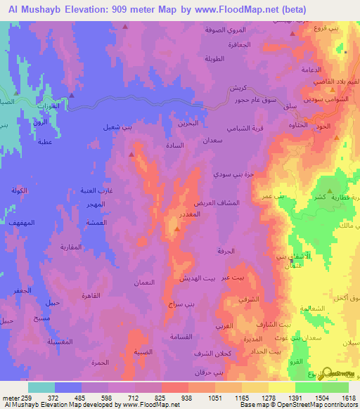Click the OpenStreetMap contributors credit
click(x=311, y=405)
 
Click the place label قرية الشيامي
click(x=242, y=129)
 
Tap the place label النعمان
click(x=144, y=283)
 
